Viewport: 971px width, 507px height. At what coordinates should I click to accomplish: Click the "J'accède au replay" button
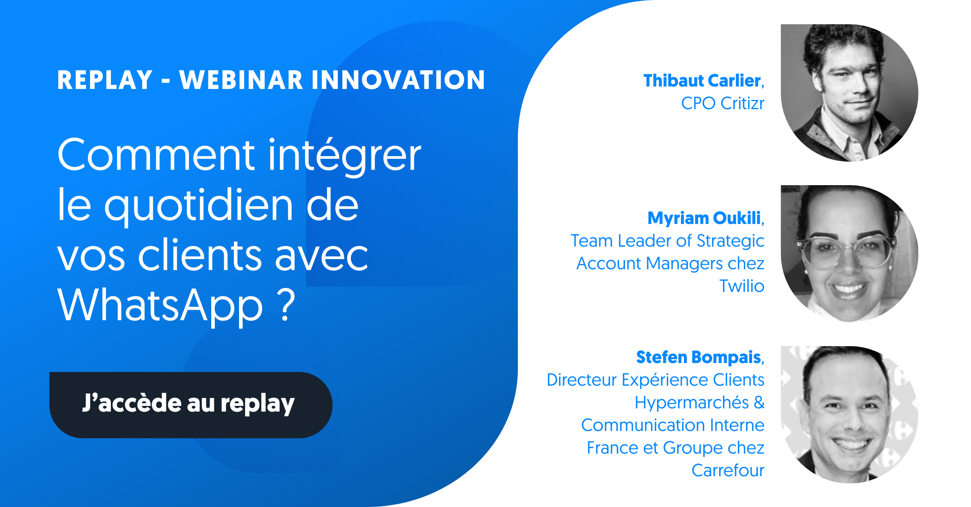(x=191, y=405)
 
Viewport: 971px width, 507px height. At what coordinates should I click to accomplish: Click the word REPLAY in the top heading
(x=105, y=80)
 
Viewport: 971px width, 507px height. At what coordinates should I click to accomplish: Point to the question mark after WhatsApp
(x=287, y=304)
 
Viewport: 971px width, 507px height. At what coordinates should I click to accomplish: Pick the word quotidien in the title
(x=199, y=205)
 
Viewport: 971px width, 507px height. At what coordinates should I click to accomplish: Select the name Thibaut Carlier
(x=702, y=80)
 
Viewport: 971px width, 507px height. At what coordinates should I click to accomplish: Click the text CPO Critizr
(x=723, y=104)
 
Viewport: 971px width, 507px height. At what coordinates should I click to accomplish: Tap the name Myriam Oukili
(x=704, y=218)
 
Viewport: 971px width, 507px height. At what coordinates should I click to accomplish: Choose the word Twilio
(x=742, y=286)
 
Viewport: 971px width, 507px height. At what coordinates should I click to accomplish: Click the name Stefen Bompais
(x=699, y=357)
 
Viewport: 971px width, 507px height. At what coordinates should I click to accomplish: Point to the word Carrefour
(x=728, y=470)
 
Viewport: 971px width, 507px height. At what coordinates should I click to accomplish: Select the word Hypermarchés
(x=692, y=403)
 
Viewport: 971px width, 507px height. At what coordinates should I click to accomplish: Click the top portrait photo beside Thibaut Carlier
(x=849, y=93)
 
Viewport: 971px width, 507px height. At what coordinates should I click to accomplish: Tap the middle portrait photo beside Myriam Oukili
(x=849, y=254)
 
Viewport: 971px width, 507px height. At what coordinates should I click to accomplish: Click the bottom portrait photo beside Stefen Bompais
(x=849, y=414)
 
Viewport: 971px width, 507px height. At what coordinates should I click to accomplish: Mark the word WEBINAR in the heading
(x=241, y=80)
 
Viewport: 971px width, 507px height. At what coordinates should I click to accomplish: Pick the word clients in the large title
(x=200, y=255)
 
